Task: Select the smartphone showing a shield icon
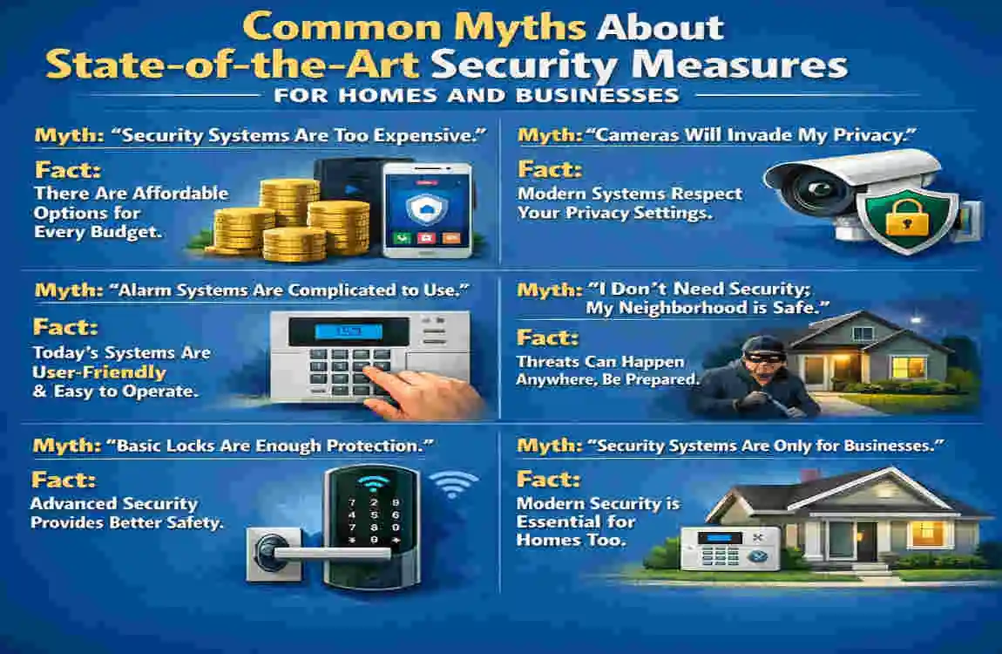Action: [x=428, y=209]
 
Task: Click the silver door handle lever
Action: [x=309, y=552]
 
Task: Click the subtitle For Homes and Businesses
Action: [x=476, y=95]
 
